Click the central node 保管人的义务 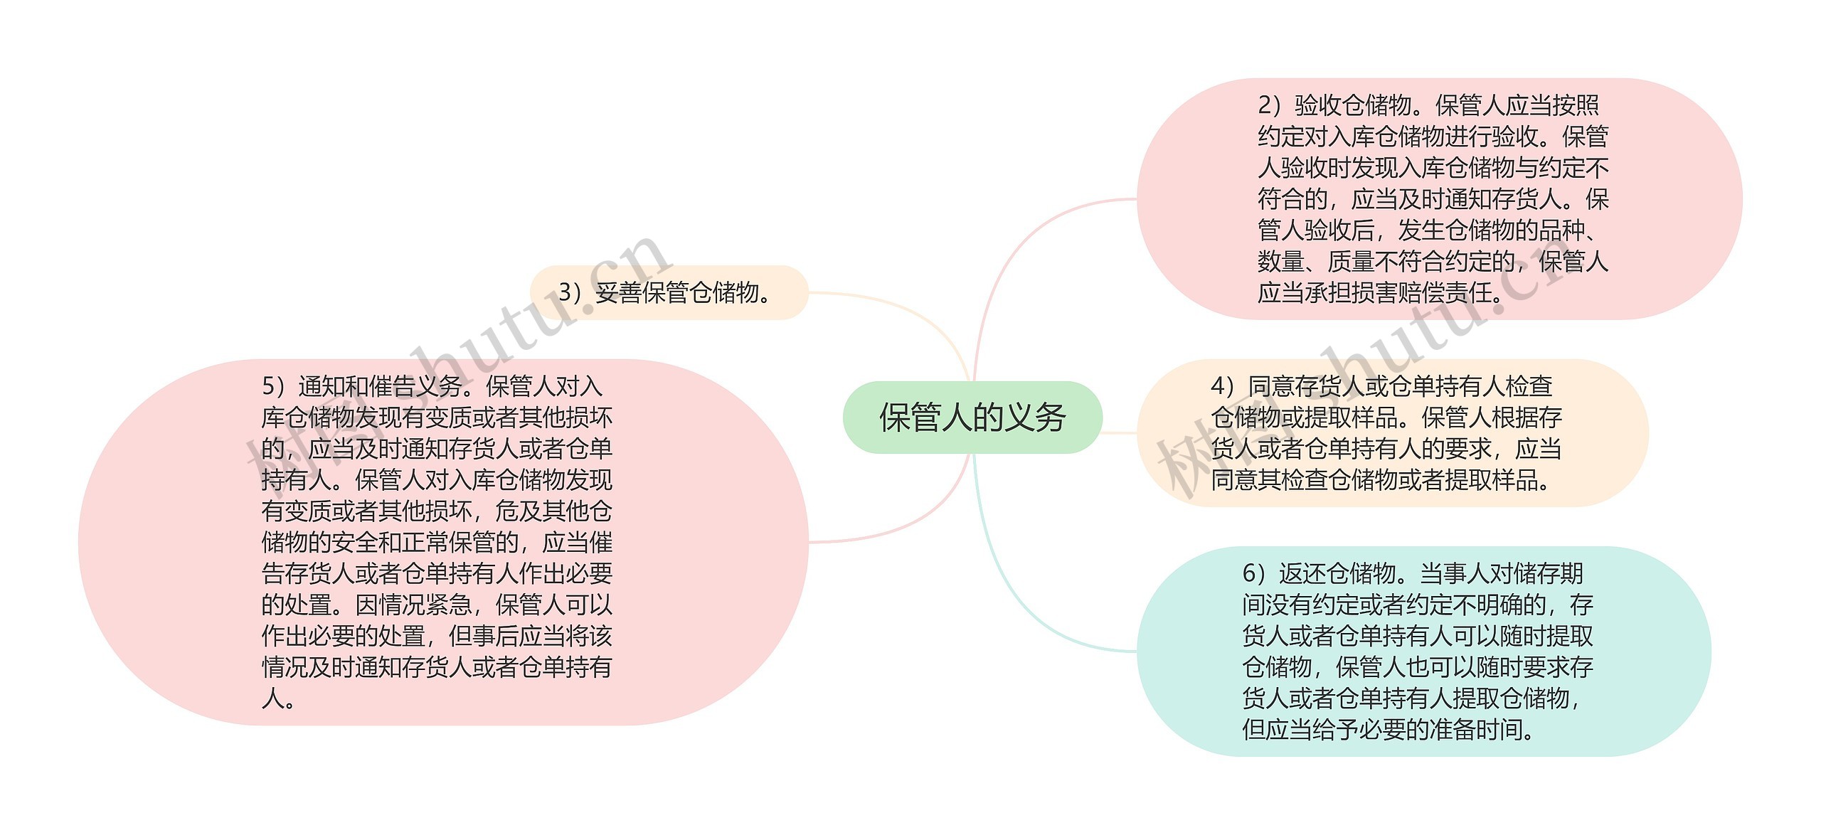(972, 418)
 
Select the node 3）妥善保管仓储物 (669, 292)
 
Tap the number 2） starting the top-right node (1271, 105)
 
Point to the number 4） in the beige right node (1224, 386)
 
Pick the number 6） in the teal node (1255, 573)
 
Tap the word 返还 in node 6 (1302, 573)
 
